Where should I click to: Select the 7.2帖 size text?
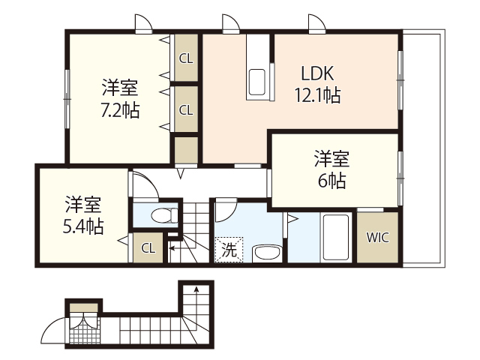click(120, 109)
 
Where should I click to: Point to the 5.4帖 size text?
click(82, 224)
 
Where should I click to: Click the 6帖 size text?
click(331, 181)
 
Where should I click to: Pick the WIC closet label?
click(376, 237)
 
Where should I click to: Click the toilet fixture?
click(163, 216)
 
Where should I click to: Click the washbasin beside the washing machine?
click(265, 253)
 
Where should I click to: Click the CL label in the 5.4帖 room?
click(148, 247)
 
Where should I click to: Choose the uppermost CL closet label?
click(185, 56)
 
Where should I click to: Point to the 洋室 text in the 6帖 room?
click(331, 159)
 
